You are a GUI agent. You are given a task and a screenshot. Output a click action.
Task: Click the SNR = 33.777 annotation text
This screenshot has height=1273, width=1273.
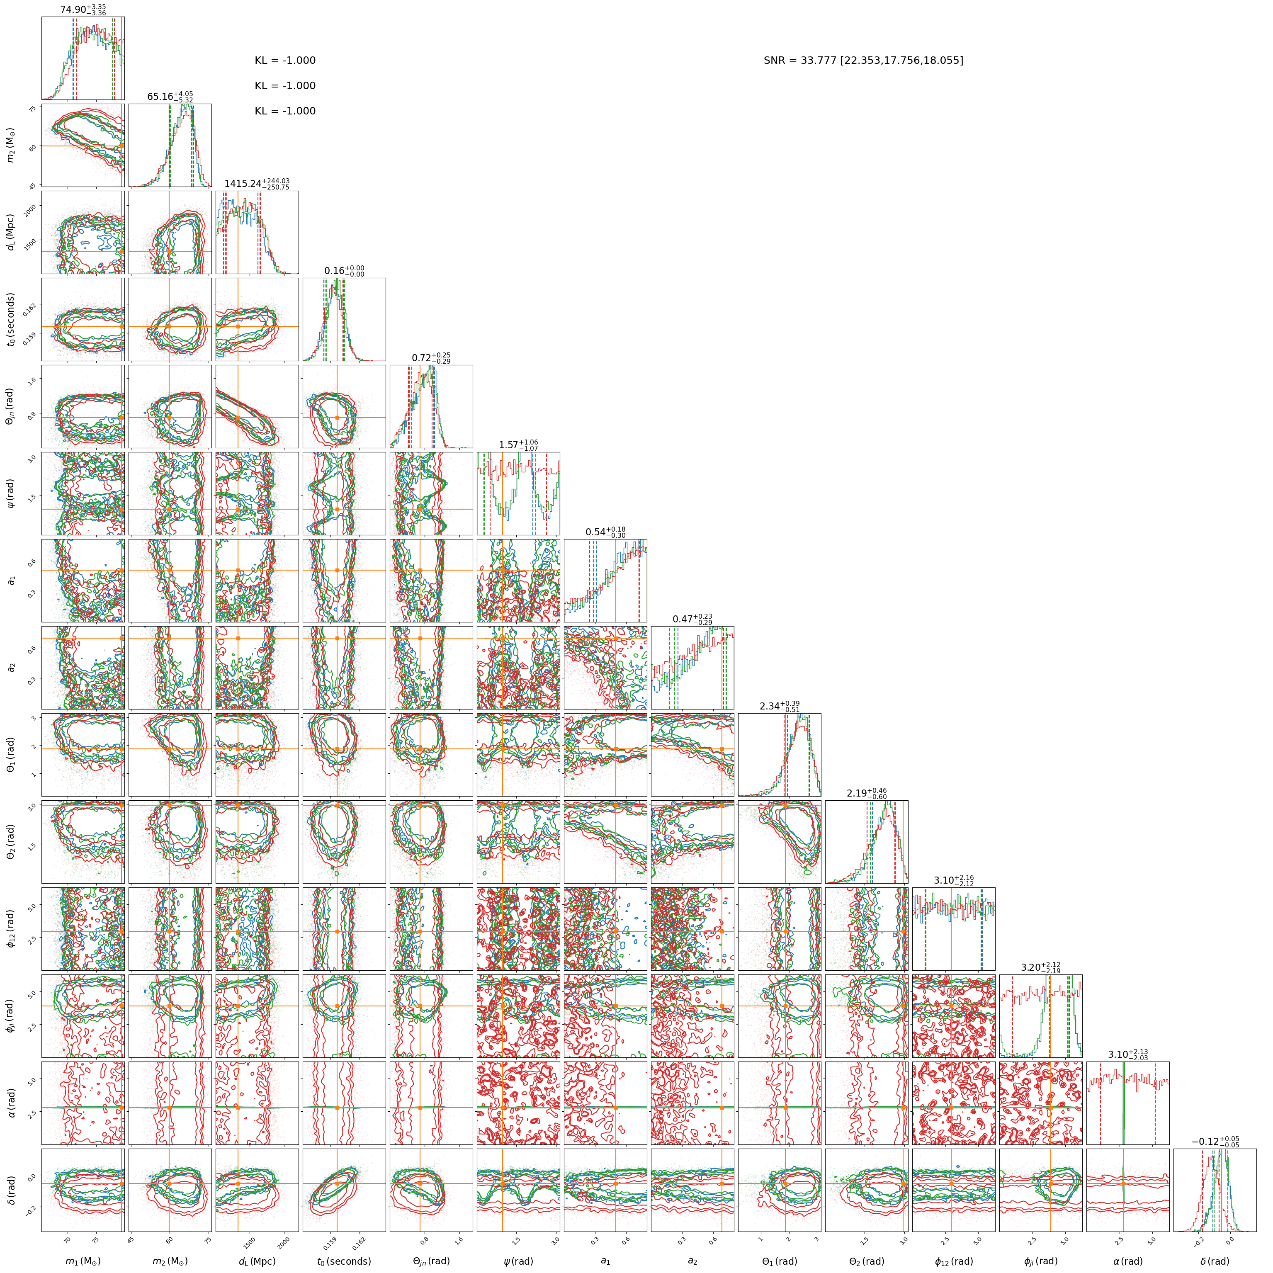[863, 61]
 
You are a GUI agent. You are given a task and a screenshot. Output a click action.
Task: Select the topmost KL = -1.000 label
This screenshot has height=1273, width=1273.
[285, 61]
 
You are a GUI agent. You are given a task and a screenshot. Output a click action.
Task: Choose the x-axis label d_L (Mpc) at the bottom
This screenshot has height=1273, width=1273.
[257, 1261]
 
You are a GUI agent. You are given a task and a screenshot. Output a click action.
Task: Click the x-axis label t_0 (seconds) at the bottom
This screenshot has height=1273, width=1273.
[344, 1261]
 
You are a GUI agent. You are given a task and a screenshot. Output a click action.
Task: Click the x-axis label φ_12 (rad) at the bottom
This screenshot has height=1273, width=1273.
[953, 1261]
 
